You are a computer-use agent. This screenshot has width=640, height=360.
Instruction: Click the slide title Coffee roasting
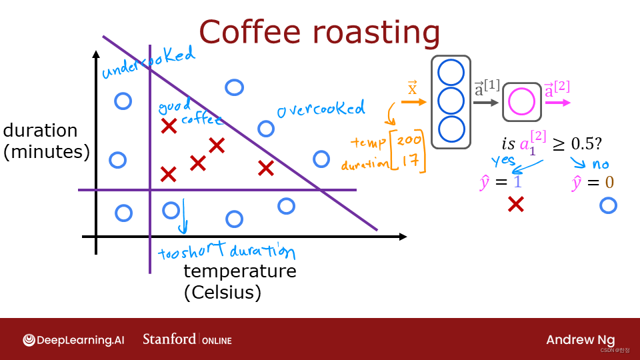(319, 32)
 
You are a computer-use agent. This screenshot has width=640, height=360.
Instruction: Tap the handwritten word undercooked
(148, 62)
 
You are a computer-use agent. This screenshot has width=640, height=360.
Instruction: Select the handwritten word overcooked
(321, 109)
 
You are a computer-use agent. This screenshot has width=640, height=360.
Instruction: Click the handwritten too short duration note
(227, 252)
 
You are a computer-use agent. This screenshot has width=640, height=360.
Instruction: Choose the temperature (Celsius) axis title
(239, 281)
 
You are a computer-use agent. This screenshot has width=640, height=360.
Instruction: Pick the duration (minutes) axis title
(46, 141)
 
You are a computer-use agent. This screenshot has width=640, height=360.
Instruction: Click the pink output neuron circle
(521, 102)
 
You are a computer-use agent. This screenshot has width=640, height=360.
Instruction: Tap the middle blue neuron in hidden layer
(451, 101)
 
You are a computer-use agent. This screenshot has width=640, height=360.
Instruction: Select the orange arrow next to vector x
(413, 102)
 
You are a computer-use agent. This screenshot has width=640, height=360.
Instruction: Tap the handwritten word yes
(504, 161)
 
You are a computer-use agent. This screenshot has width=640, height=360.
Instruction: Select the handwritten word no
(599, 164)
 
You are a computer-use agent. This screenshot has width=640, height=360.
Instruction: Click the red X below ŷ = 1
(515, 204)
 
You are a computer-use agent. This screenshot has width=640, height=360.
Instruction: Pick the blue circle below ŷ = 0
(608, 205)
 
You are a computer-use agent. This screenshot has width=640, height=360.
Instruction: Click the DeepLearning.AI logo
(73, 339)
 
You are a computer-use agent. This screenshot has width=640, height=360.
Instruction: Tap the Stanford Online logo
(187, 339)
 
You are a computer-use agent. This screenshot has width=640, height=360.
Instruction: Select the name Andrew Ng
(580, 339)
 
